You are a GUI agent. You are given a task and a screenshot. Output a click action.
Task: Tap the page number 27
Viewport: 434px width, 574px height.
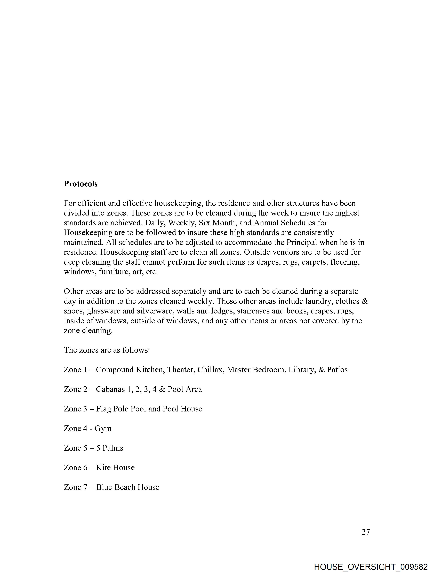(x=366, y=532)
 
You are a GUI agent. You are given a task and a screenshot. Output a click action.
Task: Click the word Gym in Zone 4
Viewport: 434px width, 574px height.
(x=103, y=428)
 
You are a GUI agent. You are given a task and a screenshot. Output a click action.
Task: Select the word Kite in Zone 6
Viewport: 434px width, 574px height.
(x=101, y=468)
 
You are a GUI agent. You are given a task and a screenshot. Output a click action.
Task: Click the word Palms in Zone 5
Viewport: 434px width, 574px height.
(x=113, y=448)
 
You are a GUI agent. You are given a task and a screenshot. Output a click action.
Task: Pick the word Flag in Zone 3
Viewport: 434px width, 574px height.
(x=103, y=409)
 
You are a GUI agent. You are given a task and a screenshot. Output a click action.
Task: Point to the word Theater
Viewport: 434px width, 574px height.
(x=181, y=370)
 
